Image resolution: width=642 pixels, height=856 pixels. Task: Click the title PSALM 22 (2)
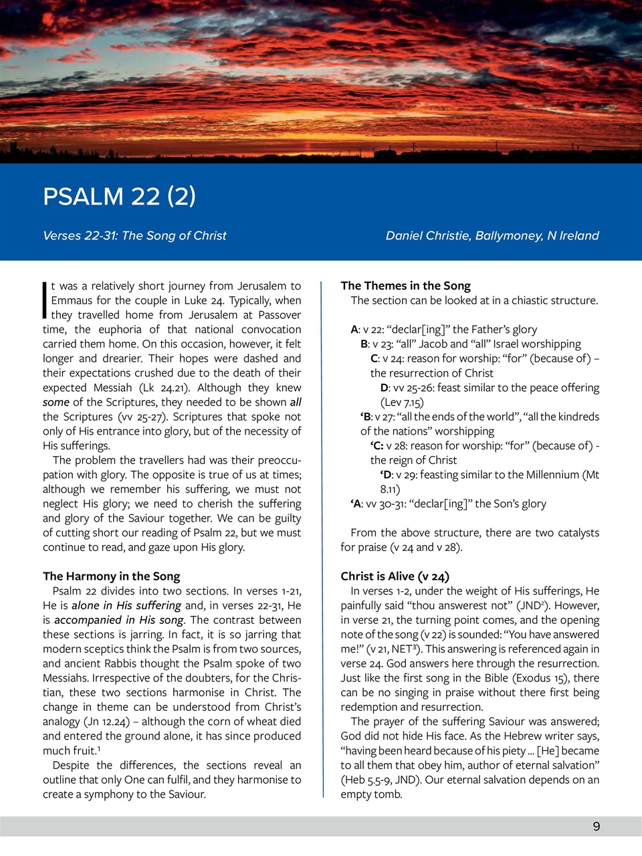[x=119, y=196]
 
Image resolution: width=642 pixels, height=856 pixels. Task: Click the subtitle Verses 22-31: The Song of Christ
[x=134, y=235]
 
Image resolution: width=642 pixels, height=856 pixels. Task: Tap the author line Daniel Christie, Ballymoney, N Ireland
[x=492, y=235]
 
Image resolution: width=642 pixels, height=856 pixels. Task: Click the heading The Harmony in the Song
[x=111, y=576]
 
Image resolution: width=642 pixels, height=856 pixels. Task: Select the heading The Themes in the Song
[x=405, y=286]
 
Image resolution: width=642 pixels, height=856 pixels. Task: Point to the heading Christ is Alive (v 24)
[x=395, y=576]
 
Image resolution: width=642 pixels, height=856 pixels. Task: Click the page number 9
[x=596, y=826]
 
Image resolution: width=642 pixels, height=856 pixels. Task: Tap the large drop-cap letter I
[x=45, y=300]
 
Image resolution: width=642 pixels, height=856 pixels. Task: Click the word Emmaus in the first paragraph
[x=72, y=300]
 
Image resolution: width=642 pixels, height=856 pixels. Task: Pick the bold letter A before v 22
[x=354, y=329]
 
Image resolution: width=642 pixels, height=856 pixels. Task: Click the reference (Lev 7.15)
[x=402, y=402]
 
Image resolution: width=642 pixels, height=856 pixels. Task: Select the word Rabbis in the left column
[x=110, y=663]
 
